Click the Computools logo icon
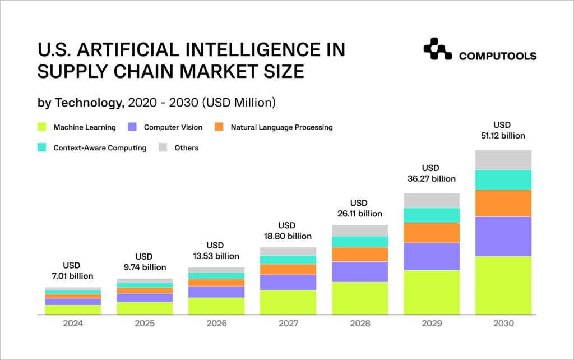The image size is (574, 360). [437, 49]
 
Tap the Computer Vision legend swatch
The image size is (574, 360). [133, 127]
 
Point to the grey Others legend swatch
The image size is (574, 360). [163, 148]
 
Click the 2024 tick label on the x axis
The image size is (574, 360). [73, 324]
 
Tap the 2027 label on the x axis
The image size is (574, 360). [288, 324]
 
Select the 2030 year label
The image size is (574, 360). [503, 324]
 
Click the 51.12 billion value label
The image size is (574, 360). [503, 135]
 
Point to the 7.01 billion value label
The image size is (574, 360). [73, 276]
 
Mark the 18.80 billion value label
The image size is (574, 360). [288, 236]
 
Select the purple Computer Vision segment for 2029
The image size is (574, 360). [432, 256]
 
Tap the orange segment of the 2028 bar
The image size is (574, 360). [360, 254]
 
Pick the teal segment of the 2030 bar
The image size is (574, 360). [503, 179]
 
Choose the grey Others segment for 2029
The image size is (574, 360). [432, 200]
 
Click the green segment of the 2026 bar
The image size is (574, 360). [216, 306]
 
